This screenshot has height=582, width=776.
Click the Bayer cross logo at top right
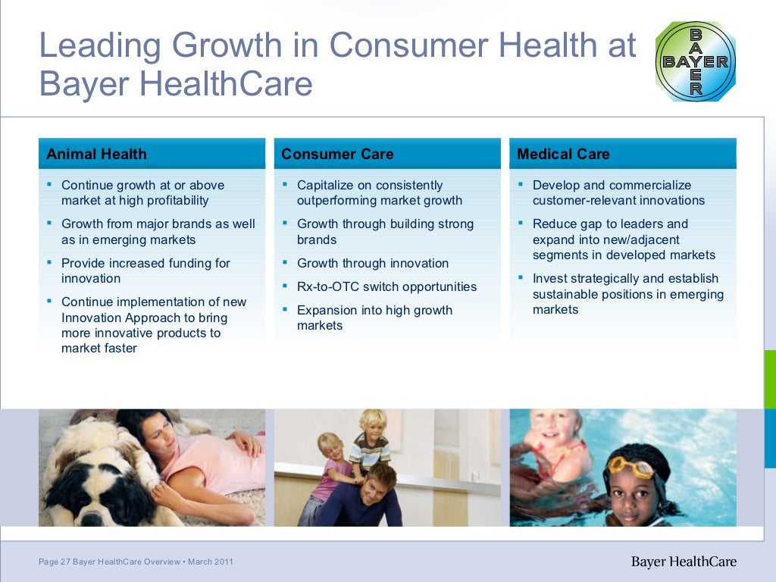695,61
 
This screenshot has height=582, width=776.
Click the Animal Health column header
96,155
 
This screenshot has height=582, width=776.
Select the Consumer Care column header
337,155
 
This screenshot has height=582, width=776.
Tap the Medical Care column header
563,155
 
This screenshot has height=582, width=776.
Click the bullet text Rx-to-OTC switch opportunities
386,286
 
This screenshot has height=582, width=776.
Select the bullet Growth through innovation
372,263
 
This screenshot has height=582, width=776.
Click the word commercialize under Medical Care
649,185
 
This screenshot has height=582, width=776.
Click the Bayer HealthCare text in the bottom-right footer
684,562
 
